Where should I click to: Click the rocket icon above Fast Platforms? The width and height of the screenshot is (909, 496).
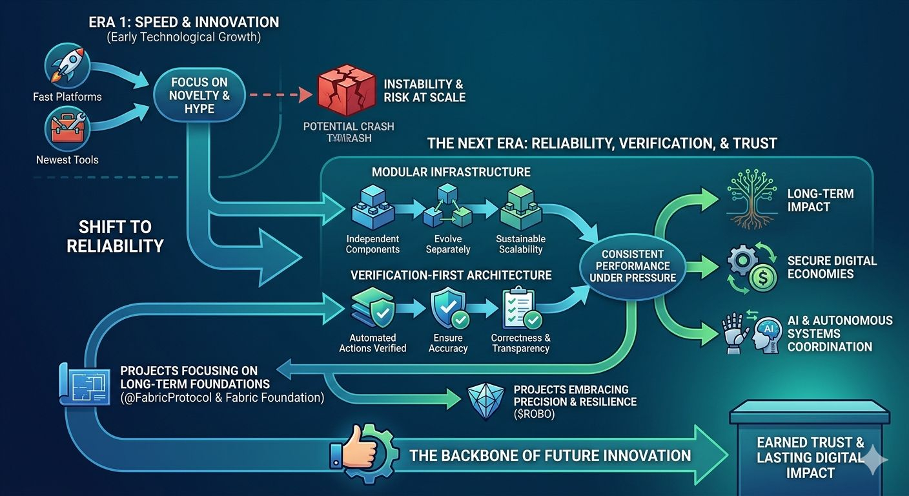[x=66, y=66]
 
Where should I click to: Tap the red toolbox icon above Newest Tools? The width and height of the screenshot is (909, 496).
[x=66, y=128]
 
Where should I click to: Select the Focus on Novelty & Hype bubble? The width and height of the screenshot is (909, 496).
[x=199, y=96]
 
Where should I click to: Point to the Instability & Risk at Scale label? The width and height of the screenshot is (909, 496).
[x=424, y=91]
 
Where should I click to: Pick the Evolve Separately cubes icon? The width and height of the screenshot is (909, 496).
[x=447, y=207]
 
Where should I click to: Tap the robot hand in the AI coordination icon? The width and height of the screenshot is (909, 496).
[x=734, y=333]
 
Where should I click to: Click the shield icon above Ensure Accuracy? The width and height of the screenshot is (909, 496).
[x=447, y=307]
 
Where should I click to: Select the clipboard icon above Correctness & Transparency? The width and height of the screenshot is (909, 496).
[x=520, y=309]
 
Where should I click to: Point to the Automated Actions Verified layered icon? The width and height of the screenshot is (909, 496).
[x=373, y=309]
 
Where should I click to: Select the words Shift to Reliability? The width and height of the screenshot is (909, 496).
[x=116, y=236]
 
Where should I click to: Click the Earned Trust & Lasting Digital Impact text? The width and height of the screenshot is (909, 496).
[x=810, y=457]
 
